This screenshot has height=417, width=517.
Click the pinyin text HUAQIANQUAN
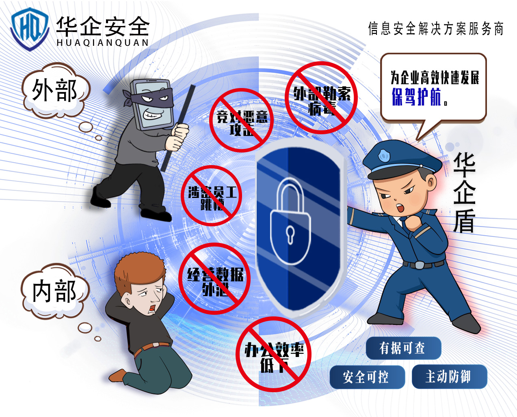pyautogui.click(x=102, y=43)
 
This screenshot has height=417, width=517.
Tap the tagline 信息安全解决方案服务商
pyautogui.click(x=436, y=28)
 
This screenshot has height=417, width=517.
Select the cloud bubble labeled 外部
pyautogui.click(x=55, y=90)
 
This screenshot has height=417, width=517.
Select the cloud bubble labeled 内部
pyautogui.click(x=54, y=291)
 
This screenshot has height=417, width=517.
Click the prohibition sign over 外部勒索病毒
pyautogui.click(x=321, y=98)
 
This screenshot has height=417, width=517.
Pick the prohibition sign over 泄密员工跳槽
pyautogui.click(x=211, y=196)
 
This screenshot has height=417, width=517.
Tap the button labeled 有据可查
pyautogui.click(x=403, y=348)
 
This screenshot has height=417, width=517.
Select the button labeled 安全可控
pyautogui.click(x=367, y=377)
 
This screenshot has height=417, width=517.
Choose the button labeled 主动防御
pyautogui.click(x=449, y=376)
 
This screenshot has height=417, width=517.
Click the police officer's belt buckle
pyautogui.click(x=419, y=265)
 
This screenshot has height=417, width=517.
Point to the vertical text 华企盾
pyautogui.click(x=464, y=193)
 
